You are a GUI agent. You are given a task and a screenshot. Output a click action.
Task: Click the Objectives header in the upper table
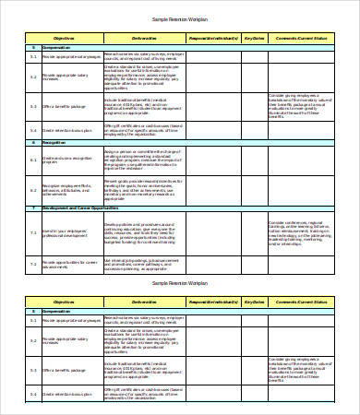tap(64, 39)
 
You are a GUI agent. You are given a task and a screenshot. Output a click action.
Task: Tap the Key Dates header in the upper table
tap(254, 39)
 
